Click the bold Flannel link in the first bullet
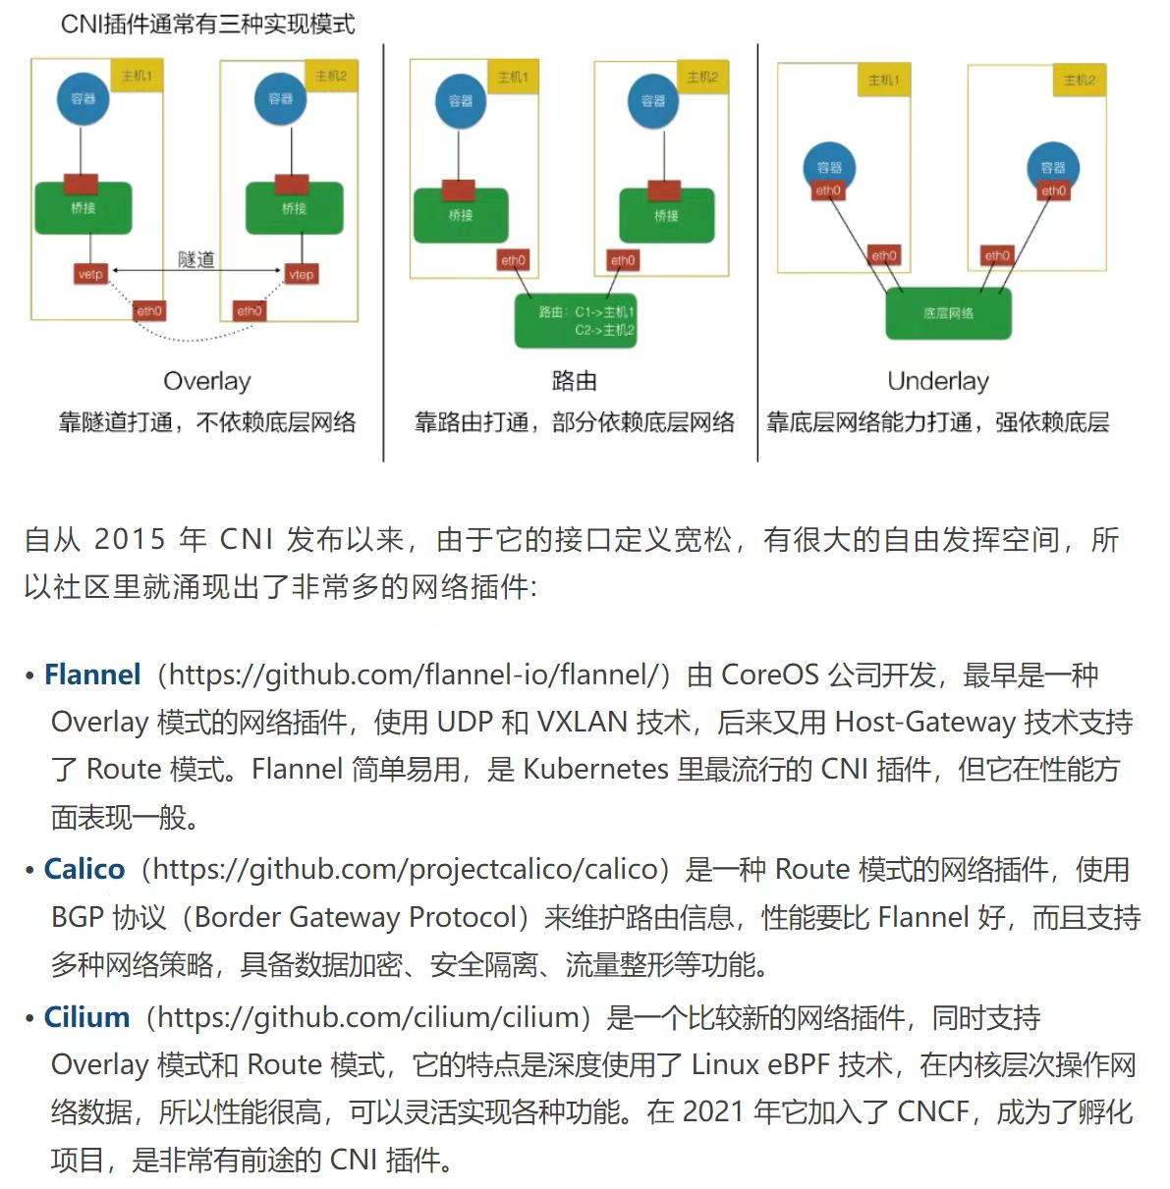[x=92, y=675]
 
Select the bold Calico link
[x=84, y=869]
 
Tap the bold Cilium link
[x=86, y=1016]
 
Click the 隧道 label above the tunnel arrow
[x=196, y=259]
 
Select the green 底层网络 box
[x=948, y=313]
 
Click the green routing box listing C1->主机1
[x=576, y=321]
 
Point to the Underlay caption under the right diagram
[x=938, y=381]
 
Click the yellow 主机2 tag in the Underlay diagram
[x=1079, y=80]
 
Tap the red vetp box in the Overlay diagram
[x=90, y=275]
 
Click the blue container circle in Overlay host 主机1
[x=84, y=99]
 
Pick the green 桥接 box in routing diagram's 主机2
[x=666, y=215]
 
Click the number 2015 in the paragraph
[x=130, y=539]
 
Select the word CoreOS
[x=769, y=675]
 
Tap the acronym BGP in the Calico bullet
[x=78, y=917]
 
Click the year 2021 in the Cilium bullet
[x=713, y=1111]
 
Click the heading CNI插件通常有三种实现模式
[x=207, y=25]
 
